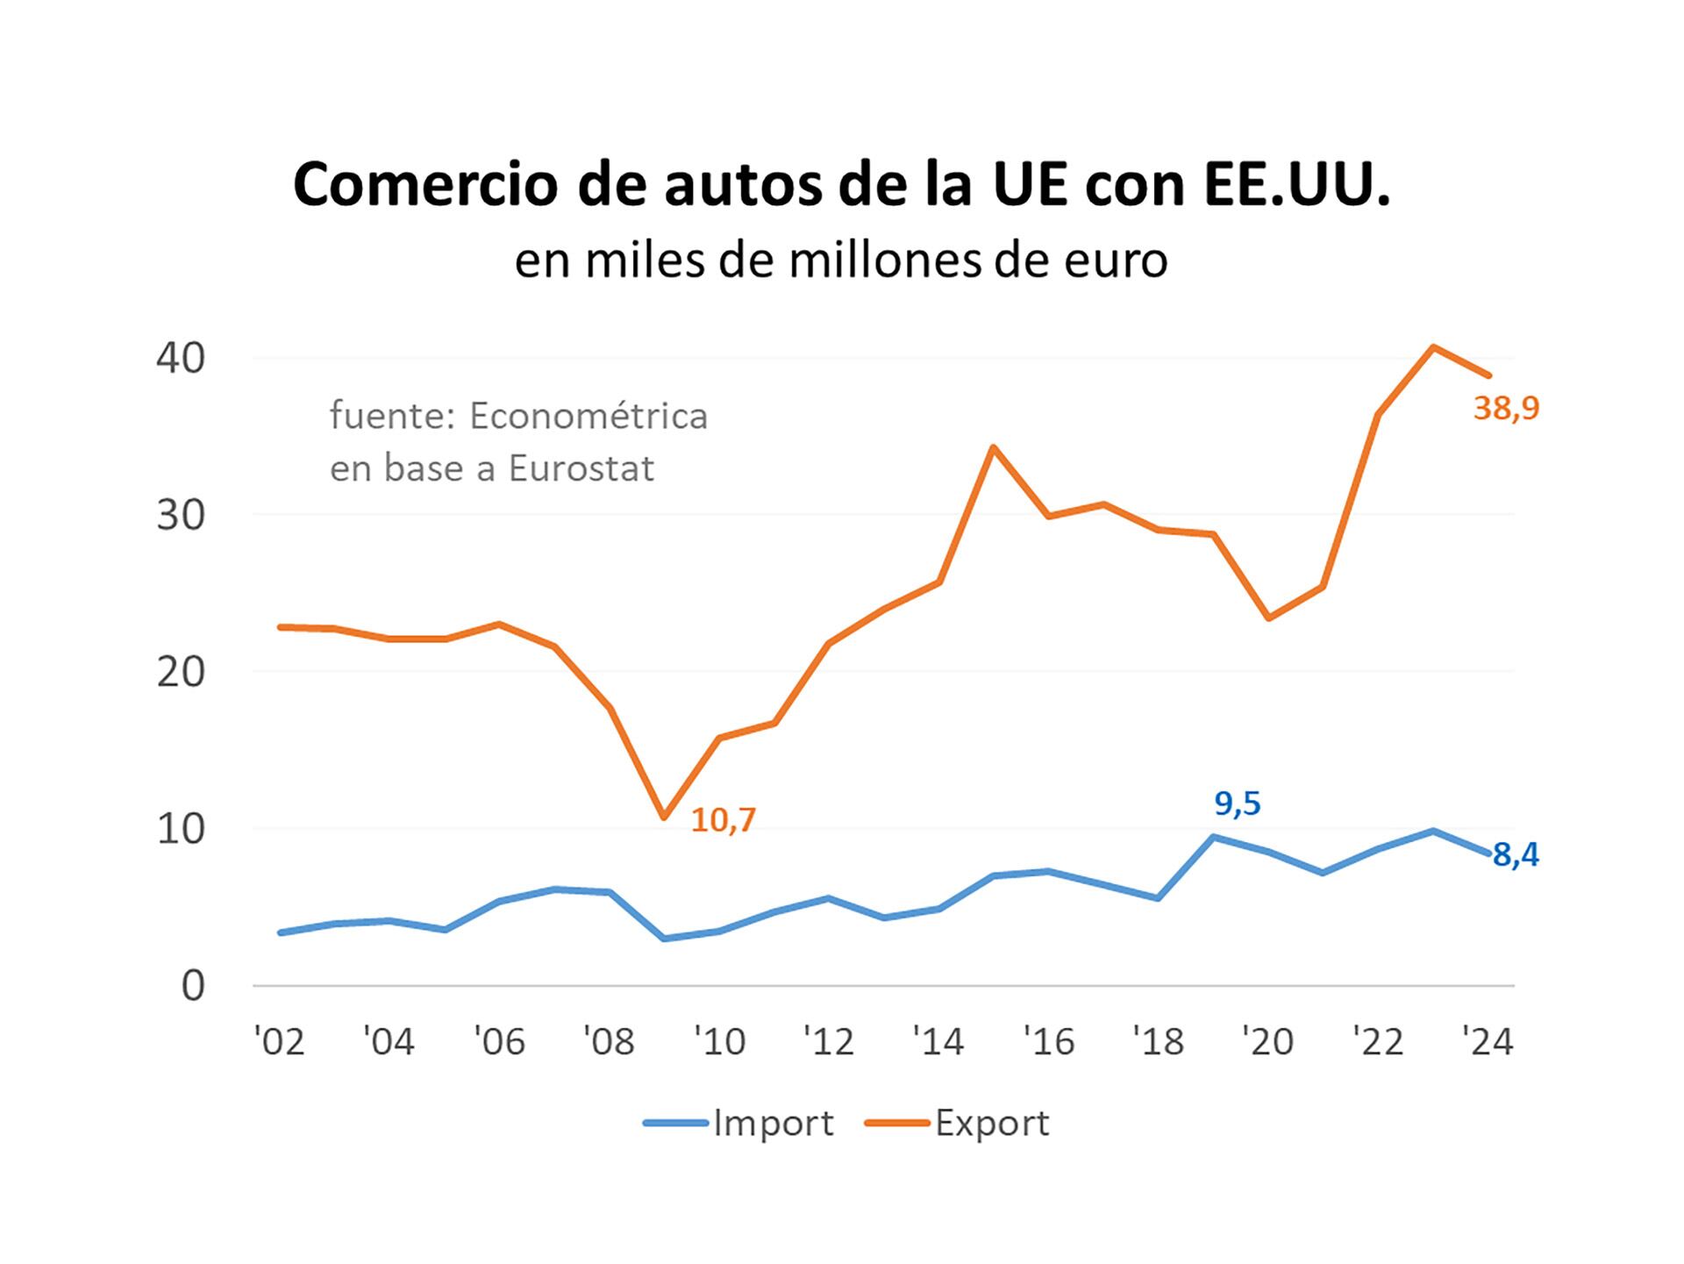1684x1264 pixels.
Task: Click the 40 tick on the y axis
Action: click(x=181, y=358)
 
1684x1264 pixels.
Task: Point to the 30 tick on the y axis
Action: click(x=181, y=516)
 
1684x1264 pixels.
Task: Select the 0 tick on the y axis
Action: click(x=193, y=986)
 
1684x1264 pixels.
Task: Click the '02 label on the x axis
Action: click(x=279, y=1042)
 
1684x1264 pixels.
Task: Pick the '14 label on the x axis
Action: click(x=938, y=1042)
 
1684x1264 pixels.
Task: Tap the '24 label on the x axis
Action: click(x=1488, y=1042)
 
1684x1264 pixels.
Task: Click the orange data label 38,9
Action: click(x=1506, y=409)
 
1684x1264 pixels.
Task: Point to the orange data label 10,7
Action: click(x=723, y=820)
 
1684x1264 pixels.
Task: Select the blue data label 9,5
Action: click(x=1237, y=803)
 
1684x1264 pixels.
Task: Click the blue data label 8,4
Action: click(x=1516, y=855)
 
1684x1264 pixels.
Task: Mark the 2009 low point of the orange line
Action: click(x=664, y=818)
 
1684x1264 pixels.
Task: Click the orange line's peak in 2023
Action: click(x=1433, y=347)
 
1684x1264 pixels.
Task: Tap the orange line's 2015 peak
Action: click(x=993, y=447)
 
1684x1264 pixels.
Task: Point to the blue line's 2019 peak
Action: click(x=1213, y=837)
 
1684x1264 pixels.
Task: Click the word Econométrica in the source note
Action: click(x=588, y=416)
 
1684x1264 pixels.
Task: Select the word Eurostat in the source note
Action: click(x=581, y=468)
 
